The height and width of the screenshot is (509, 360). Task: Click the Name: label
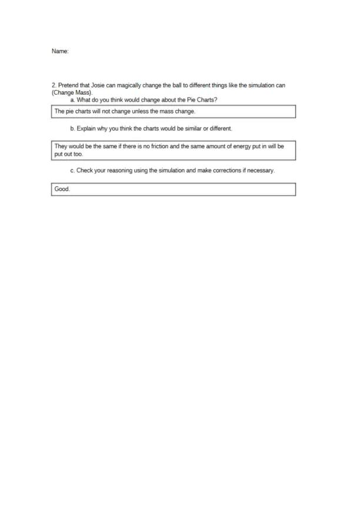(60, 52)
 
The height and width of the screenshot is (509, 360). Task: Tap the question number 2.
(54, 86)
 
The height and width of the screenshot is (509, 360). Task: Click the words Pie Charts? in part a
(202, 99)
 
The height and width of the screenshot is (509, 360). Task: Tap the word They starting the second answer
(61, 146)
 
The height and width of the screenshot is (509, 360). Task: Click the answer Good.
(62, 189)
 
